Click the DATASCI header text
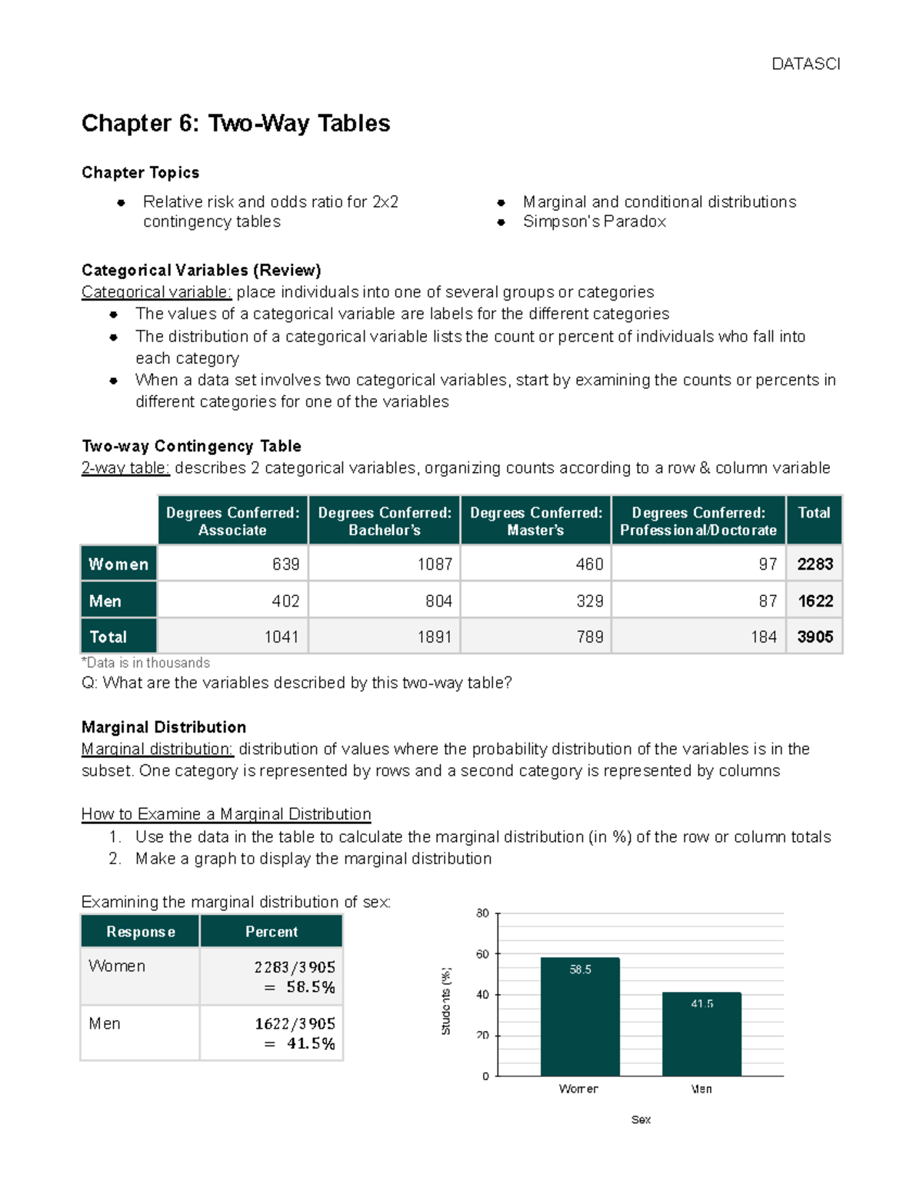[x=805, y=64]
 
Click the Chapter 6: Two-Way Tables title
[x=235, y=123]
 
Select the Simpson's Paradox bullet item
[x=594, y=221]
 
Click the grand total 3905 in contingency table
[x=815, y=637]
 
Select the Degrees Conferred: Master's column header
[x=536, y=521]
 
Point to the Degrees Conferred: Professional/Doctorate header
[x=698, y=521]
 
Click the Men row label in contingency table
[x=118, y=600]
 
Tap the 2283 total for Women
[x=815, y=564]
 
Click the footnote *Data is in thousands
[x=145, y=663]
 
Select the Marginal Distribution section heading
[x=164, y=727]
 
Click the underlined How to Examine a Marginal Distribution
[x=226, y=813]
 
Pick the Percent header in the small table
[x=271, y=931]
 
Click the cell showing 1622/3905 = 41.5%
[x=272, y=1033]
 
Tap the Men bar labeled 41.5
[x=701, y=1034]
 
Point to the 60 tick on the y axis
[x=482, y=954]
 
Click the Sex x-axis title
[x=641, y=1119]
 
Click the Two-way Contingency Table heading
[x=191, y=446]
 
